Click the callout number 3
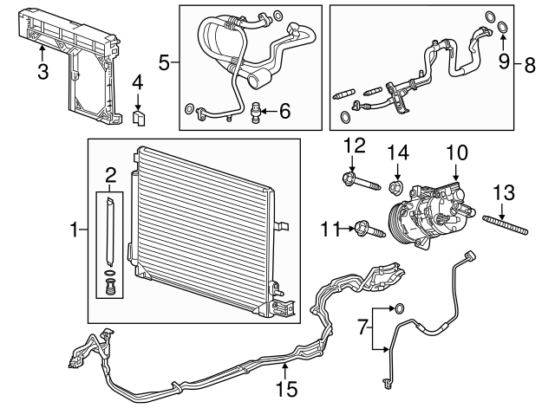pyautogui.click(x=42, y=70)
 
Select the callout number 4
pyautogui.click(x=137, y=83)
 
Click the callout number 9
pyautogui.click(x=502, y=62)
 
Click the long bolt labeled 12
pyautogui.click(x=365, y=183)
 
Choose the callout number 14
pyautogui.click(x=398, y=152)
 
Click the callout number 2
pyautogui.click(x=111, y=176)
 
